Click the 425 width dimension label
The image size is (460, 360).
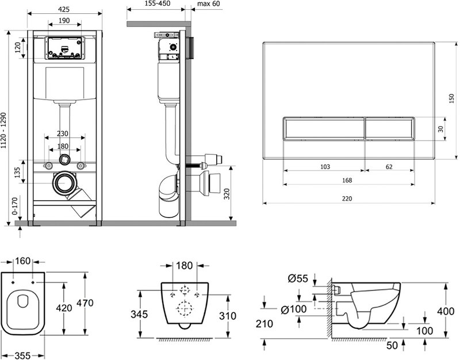tap(64, 9)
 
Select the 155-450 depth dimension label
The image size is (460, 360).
tap(158, 3)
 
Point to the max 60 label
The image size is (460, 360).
tap(209, 3)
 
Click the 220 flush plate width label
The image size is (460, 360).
tap(347, 198)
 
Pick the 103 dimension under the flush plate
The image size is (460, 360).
tap(325, 167)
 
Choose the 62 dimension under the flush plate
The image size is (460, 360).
tap(389, 167)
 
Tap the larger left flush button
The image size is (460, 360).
tap(324, 129)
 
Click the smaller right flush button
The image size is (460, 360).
tap(390, 129)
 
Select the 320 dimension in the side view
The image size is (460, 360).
tap(227, 194)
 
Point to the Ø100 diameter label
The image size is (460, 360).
tap(294, 309)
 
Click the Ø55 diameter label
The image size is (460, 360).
tap(298, 278)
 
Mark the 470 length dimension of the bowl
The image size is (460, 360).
tap(85, 303)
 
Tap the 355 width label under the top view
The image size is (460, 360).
tap(22, 355)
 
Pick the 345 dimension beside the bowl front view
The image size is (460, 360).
tap(139, 314)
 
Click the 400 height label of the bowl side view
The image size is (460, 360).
tap(446, 311)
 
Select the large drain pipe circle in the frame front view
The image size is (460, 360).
tap(65, 183)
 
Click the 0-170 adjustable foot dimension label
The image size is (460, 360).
tap(15, 206)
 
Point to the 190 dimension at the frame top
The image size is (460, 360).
tap(64, 21)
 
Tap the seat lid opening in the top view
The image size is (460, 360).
tap(23, 301)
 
